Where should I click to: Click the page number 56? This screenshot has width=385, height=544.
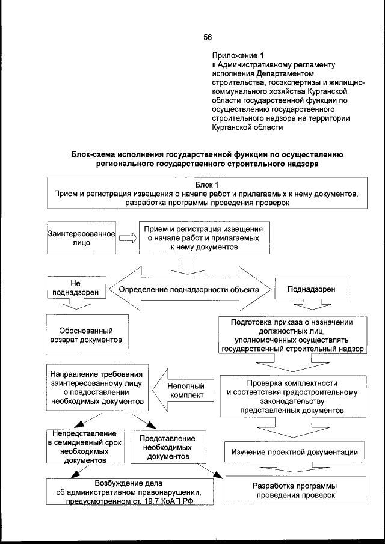click(x=208, y=37)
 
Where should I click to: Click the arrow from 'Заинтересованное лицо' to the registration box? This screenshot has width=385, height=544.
click(x=127, y=239)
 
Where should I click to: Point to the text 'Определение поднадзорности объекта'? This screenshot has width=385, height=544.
click(x=189, y=290)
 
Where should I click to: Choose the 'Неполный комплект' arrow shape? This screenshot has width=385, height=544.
click(x=184, y=391)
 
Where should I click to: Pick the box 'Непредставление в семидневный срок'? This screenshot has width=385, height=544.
click(x=83, y=447)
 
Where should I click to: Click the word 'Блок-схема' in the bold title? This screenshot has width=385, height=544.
click(x=94, y=154)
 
